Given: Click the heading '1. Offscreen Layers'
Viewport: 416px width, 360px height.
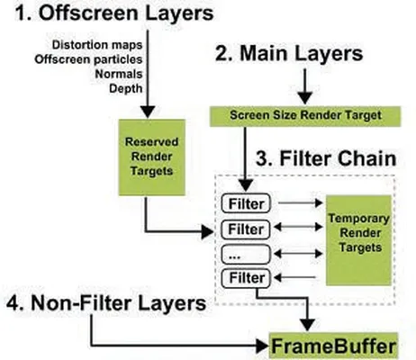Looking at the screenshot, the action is click(x=114, y=13).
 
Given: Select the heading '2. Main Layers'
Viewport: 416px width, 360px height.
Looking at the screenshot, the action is click(x=289, y=53).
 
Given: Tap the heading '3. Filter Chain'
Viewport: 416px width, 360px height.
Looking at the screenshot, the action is click(x=326, y=158).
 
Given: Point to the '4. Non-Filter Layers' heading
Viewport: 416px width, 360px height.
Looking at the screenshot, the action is click(x=106, y=303).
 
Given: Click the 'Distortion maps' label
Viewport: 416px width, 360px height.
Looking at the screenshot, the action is click(x=97, y=45).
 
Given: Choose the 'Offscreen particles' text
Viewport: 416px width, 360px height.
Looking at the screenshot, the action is click(x=88, y=59).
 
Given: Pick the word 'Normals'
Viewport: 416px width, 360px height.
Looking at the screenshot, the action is click(x=119, y=74).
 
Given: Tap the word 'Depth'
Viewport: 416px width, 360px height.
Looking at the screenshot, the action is click(x=125, y=88).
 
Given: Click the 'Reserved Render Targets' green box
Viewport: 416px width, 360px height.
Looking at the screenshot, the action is click(x=152, y=157).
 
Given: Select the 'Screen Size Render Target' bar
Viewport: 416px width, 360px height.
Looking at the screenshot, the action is click(x=305, y=116).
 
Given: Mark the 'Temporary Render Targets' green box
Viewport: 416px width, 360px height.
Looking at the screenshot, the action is click(x=359, y=240).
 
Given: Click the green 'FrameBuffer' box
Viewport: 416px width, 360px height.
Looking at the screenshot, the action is click(x=333, y=346).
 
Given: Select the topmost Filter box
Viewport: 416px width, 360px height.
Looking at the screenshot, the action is click(x=246, y=203).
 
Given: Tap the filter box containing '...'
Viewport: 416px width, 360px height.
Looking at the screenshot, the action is click(x=246, y=255).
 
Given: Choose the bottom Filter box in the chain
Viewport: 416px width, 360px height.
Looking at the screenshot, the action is click(x=246, y=278).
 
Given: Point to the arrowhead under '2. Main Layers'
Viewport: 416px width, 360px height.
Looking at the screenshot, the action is click(x=305, y=98).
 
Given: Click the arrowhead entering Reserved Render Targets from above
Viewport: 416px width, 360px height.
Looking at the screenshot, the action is click(x=148, y=112).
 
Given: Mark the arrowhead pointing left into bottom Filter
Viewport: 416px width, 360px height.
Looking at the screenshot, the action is click(x=277, y=277).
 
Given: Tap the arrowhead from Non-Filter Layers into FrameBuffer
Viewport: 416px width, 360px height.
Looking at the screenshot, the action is click(x=262, y=346).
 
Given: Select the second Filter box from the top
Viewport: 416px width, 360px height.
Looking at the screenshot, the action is click(x=246, y=229).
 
